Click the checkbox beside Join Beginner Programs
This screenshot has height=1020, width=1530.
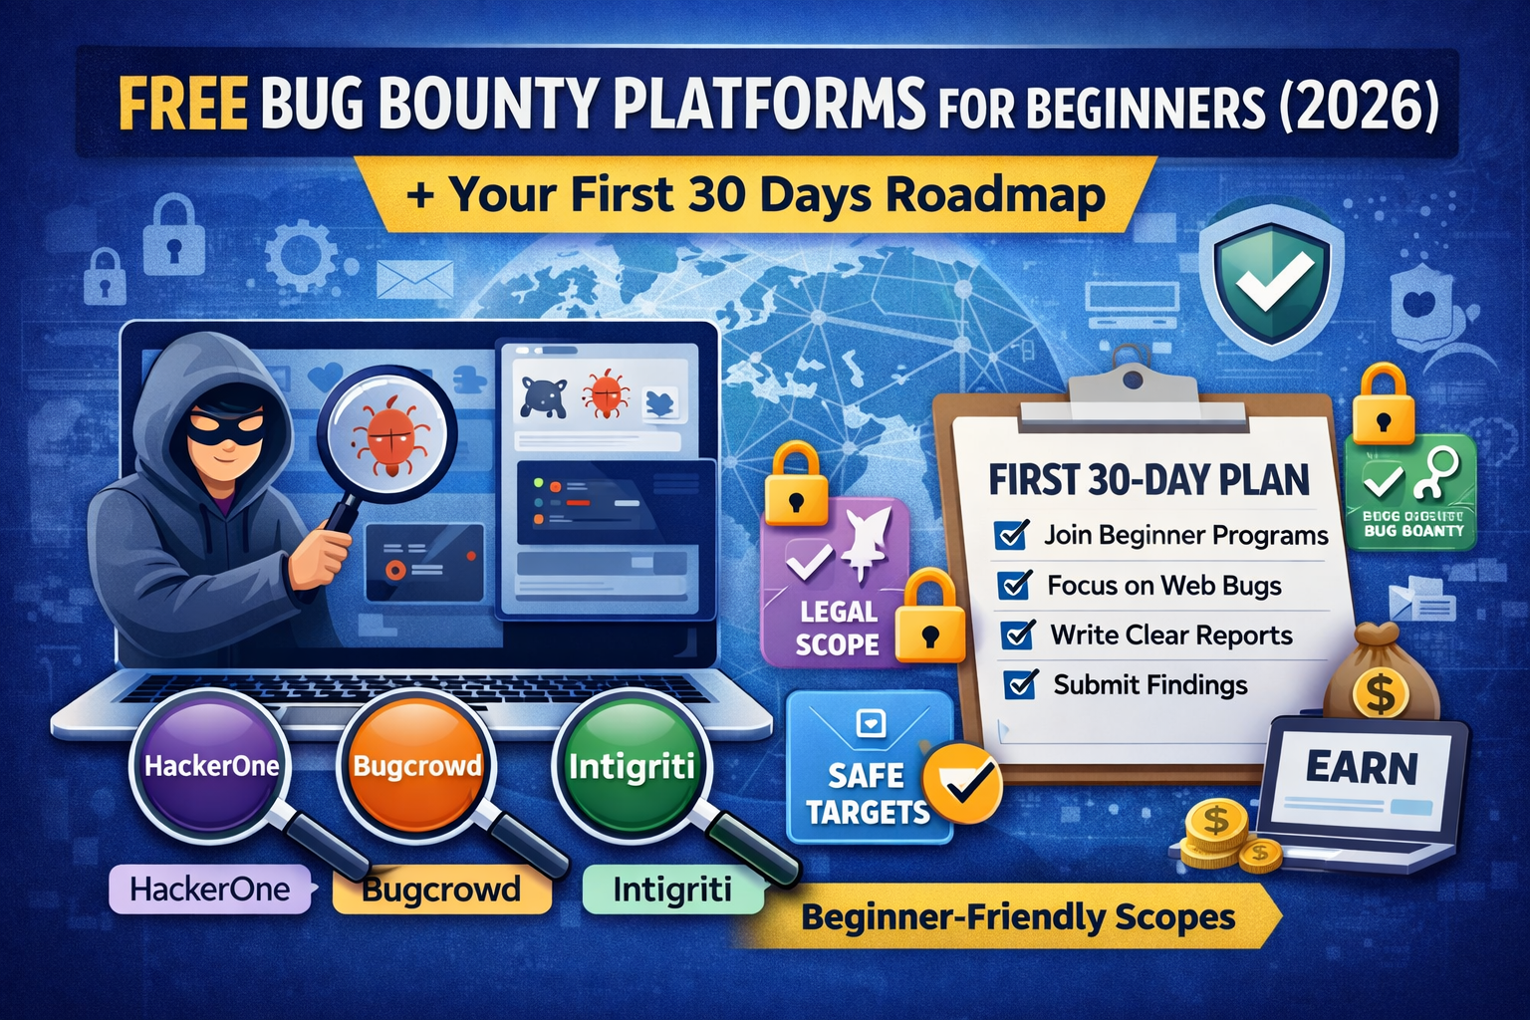click(x=1011, y=535)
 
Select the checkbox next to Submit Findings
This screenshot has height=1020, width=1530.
click(x=1021, y=684)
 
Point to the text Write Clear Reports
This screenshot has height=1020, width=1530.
click(x=1170, y=636)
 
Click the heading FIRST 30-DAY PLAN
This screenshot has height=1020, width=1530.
click(x=1148, y=480)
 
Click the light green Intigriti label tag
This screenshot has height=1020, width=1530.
click(x=671, y=890)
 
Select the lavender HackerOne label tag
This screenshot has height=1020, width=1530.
click(x=210, y=889)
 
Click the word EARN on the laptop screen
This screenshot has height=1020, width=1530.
click(x=1361, y=768)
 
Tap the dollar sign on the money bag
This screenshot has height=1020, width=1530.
click(x=1381, y=693)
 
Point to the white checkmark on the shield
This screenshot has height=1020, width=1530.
click(x=1273, y=282)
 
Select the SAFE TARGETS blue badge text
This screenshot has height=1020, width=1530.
click(x=866, y=793)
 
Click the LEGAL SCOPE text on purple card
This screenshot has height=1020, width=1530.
click(x=837, y=628)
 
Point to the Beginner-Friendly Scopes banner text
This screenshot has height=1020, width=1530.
click(x=1018, y=917)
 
